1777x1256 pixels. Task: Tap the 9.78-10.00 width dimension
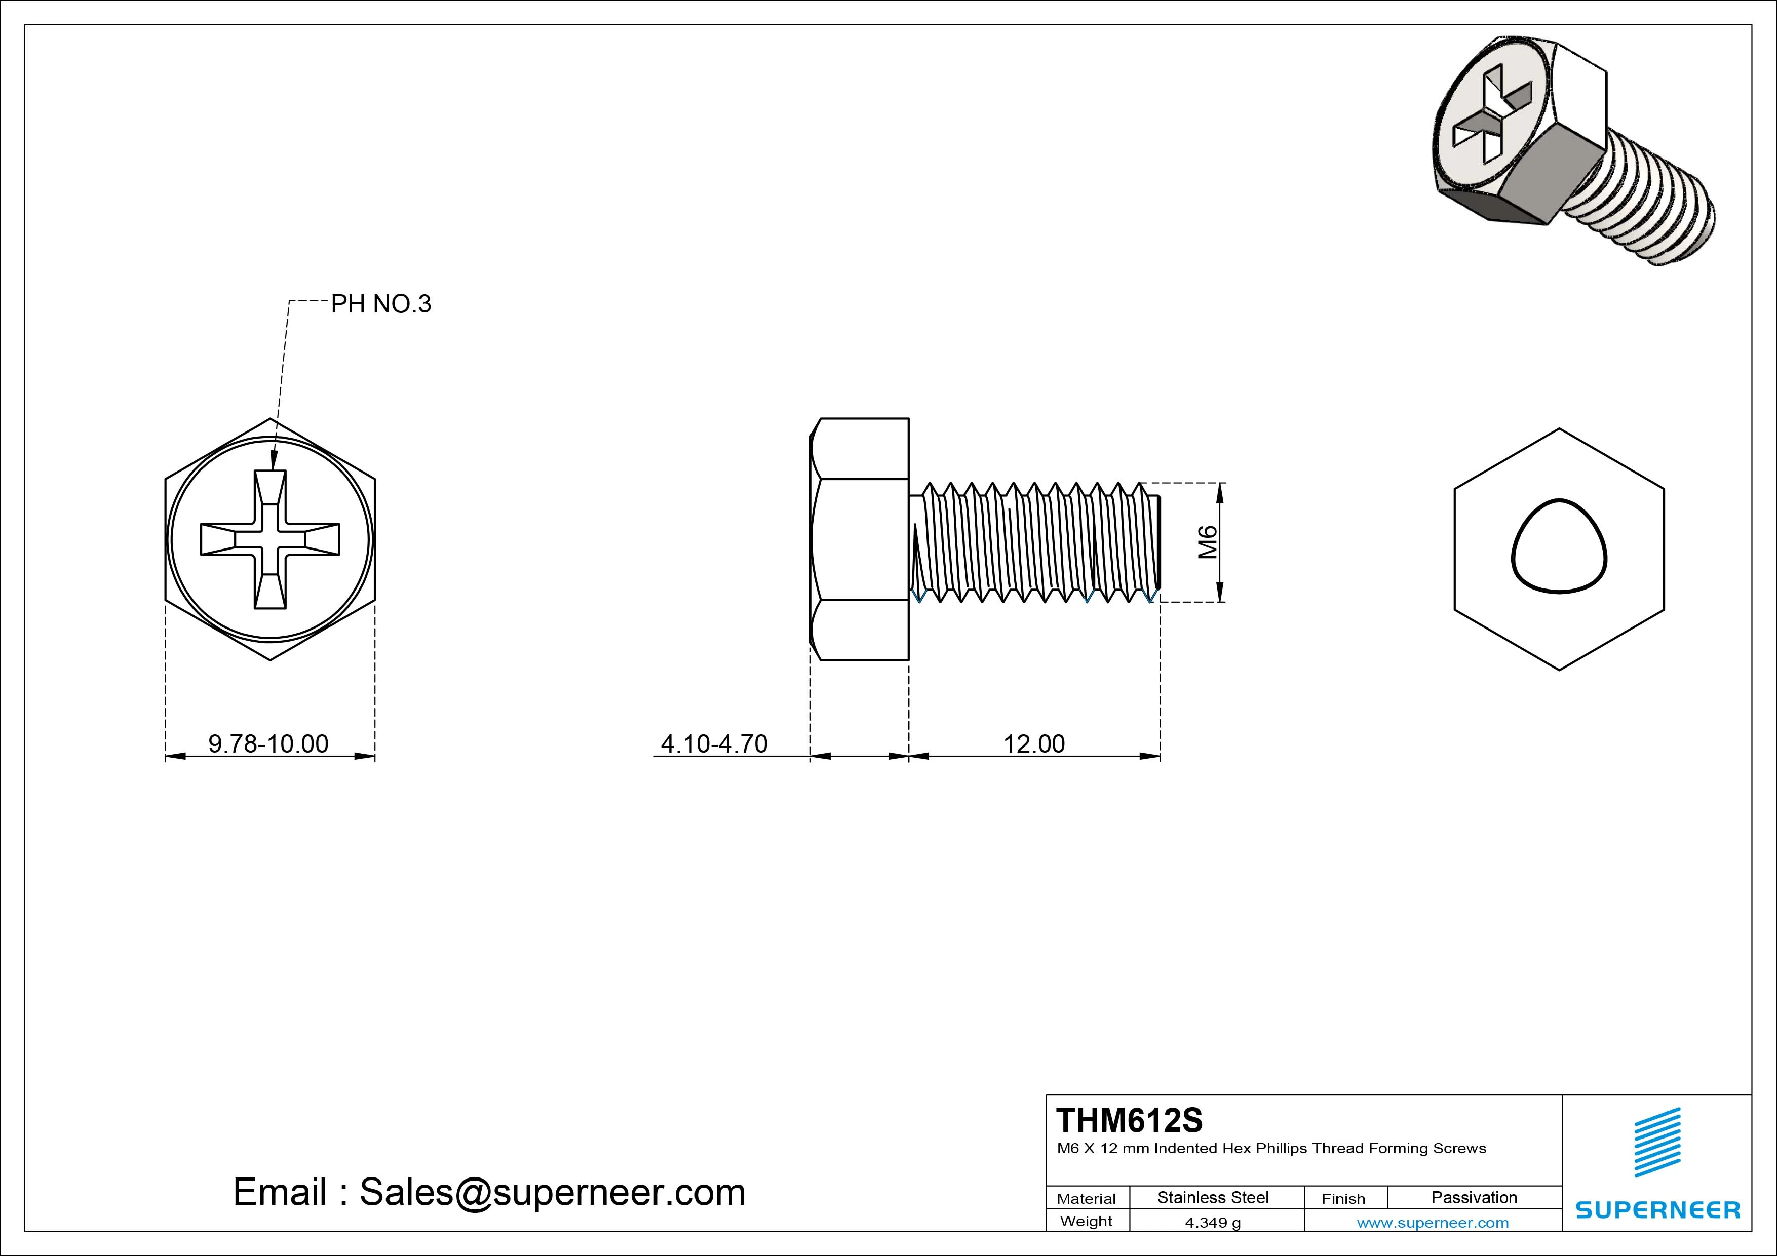(268, 743)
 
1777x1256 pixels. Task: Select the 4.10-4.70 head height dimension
(714, 743)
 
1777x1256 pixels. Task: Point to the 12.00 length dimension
(1034, 743)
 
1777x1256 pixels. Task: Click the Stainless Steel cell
(1212, 1198)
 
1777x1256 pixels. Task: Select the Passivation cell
(1474, 1198)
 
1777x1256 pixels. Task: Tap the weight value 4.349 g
(1212, 1223)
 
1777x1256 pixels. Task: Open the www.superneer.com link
(1433, 1223)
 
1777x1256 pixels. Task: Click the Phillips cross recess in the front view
(270, 539)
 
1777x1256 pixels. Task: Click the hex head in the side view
(860, 539)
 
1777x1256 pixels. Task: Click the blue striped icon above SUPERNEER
(1657, 1142)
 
